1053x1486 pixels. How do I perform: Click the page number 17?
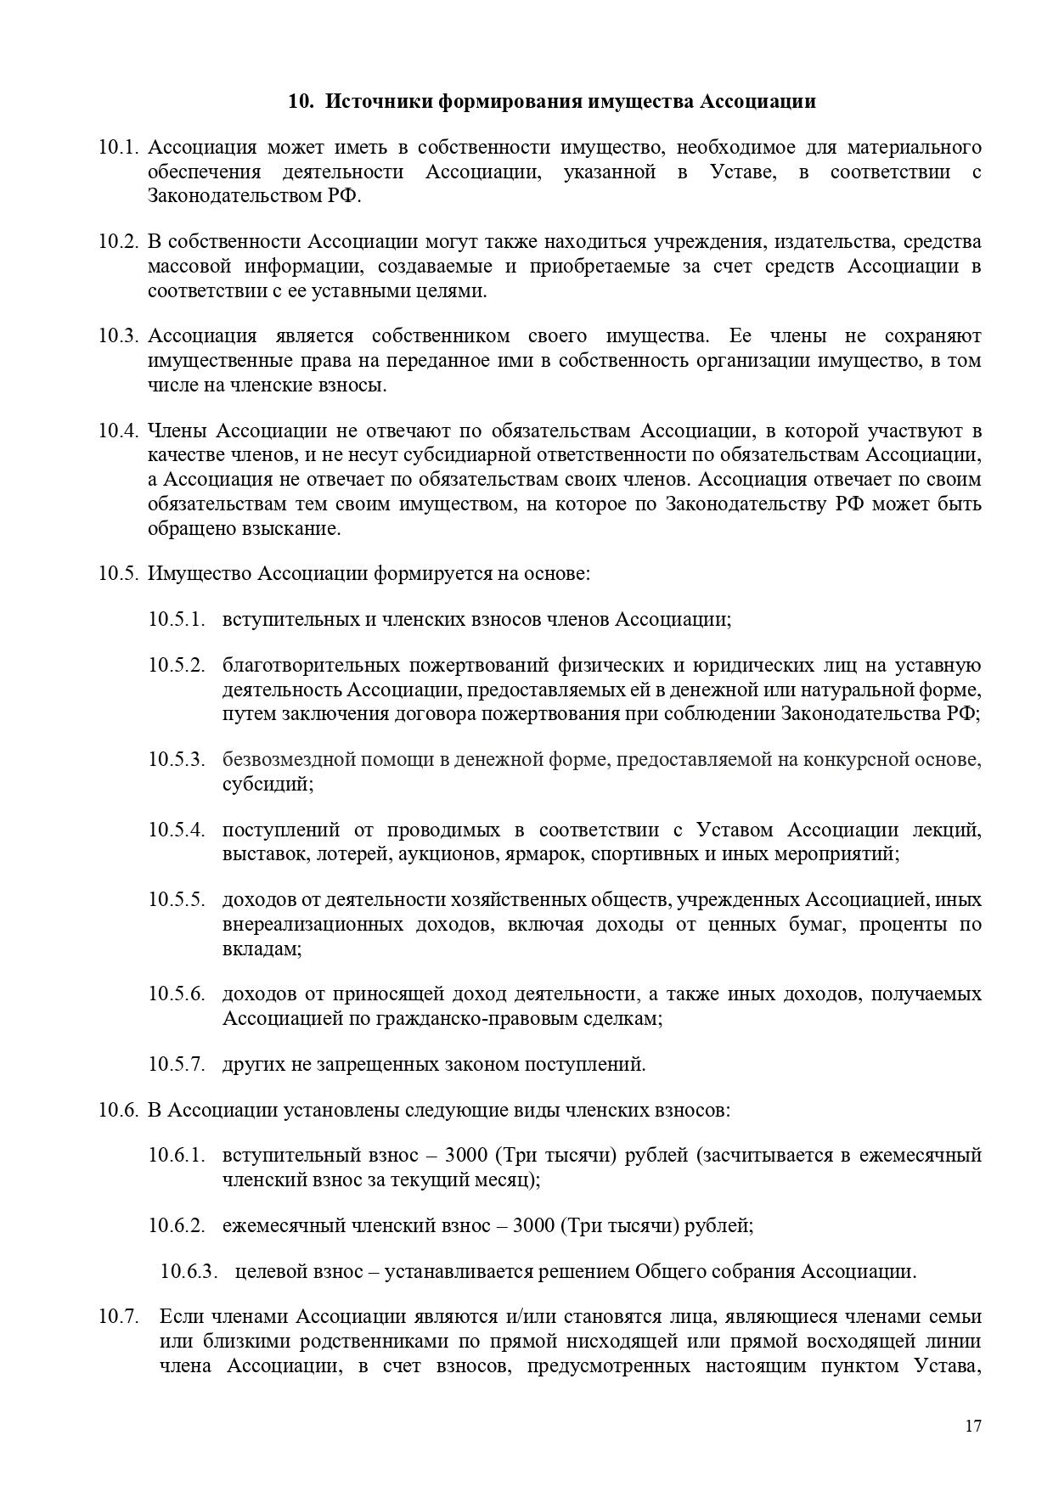[973, 1426]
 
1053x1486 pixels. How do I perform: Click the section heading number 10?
[301, 102]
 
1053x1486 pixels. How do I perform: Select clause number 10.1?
[118, 148]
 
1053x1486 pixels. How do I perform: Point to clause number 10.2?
[118, 242]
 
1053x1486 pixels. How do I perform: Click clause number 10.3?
[118, 335]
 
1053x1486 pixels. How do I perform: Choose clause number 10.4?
[118, 430]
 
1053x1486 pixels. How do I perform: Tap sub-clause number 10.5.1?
[177, 619]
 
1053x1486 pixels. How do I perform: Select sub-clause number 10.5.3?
[177, 759]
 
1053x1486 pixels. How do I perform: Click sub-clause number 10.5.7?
[177, 1064]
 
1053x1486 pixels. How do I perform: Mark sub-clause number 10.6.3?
[189, 1272]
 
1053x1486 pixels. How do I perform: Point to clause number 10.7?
[118, 1317]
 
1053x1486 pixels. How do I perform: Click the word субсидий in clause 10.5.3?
[267, 784]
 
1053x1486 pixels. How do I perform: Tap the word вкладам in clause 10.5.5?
[262, 948]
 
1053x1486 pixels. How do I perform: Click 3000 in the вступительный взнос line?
[465, 1156]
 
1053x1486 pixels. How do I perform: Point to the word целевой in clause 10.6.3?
[269, 1272]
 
